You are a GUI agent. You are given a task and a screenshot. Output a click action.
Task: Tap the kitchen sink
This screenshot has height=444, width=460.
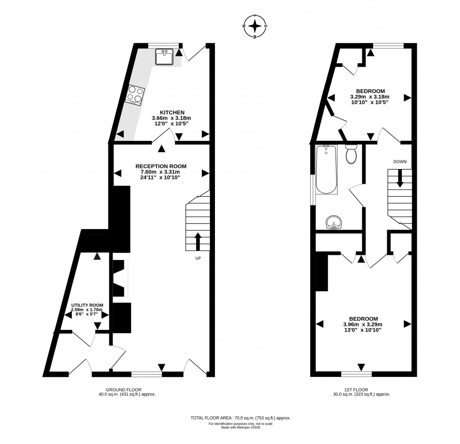click(x=164, y=57)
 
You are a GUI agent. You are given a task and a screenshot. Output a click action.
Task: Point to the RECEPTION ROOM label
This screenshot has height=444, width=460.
click(x=161, y=166)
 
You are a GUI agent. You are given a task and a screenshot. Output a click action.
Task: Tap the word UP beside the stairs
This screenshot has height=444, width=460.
click(x=199, y=258)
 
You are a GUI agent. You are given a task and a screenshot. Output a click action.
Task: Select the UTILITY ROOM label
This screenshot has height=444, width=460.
click(x=87, y=305)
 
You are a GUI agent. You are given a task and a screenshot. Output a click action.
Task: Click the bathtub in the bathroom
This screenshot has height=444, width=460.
click(x=326, y=170)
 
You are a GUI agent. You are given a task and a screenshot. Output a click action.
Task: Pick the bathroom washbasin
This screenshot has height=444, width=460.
click(x=334, y=222)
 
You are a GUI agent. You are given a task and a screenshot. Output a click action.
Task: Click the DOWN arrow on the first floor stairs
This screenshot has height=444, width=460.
click(x=400, y=178)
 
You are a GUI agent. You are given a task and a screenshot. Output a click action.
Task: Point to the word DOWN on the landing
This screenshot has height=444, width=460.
click(x=400, y=161)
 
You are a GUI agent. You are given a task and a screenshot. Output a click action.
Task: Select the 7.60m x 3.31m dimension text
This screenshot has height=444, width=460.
click(x=161, y=172)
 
